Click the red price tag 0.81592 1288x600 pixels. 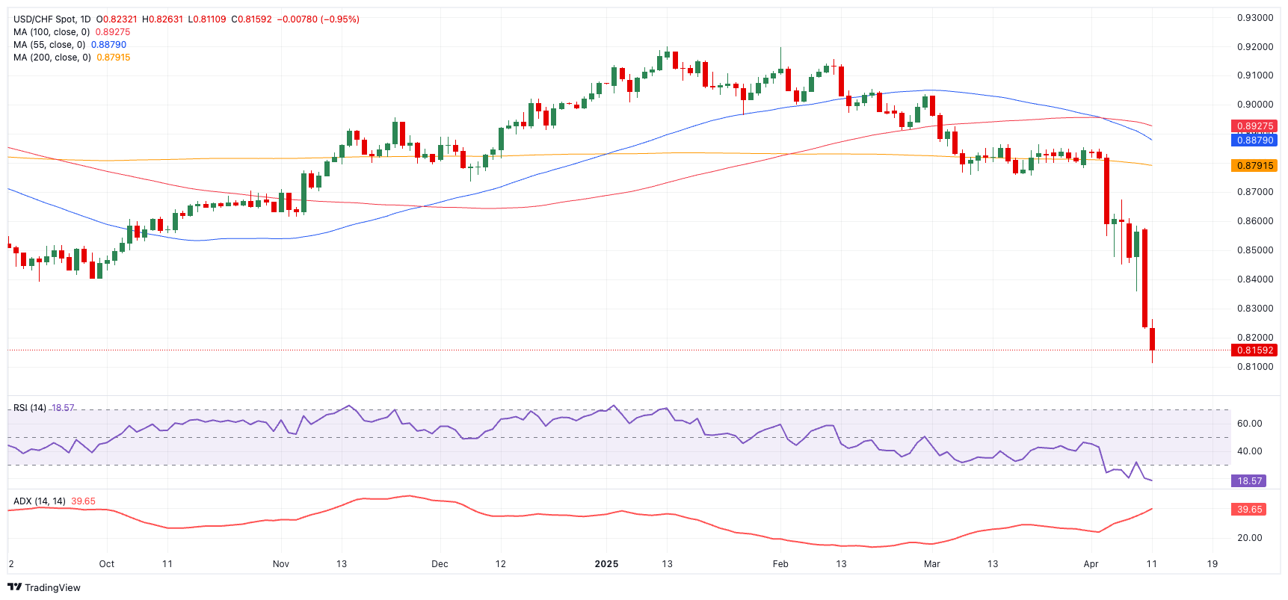(1254, 350)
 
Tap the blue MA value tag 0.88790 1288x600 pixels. (1254, 140)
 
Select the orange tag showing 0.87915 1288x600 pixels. (1254, 166)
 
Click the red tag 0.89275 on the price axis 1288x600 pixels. (1254, 126)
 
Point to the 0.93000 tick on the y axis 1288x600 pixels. (1254, 18)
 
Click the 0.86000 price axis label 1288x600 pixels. (1254, 221)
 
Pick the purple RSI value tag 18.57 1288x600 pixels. (1248, 481)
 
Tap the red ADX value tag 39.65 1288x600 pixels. (1248, 510)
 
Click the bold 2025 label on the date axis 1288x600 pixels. (606, 564)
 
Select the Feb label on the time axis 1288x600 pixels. (780, 564)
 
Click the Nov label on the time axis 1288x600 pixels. (280, 564)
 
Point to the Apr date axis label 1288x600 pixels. (1091, 564)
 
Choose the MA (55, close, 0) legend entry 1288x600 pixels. (49, 45)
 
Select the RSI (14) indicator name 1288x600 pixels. (30, 408)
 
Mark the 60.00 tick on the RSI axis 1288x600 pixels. (1249, 424)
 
